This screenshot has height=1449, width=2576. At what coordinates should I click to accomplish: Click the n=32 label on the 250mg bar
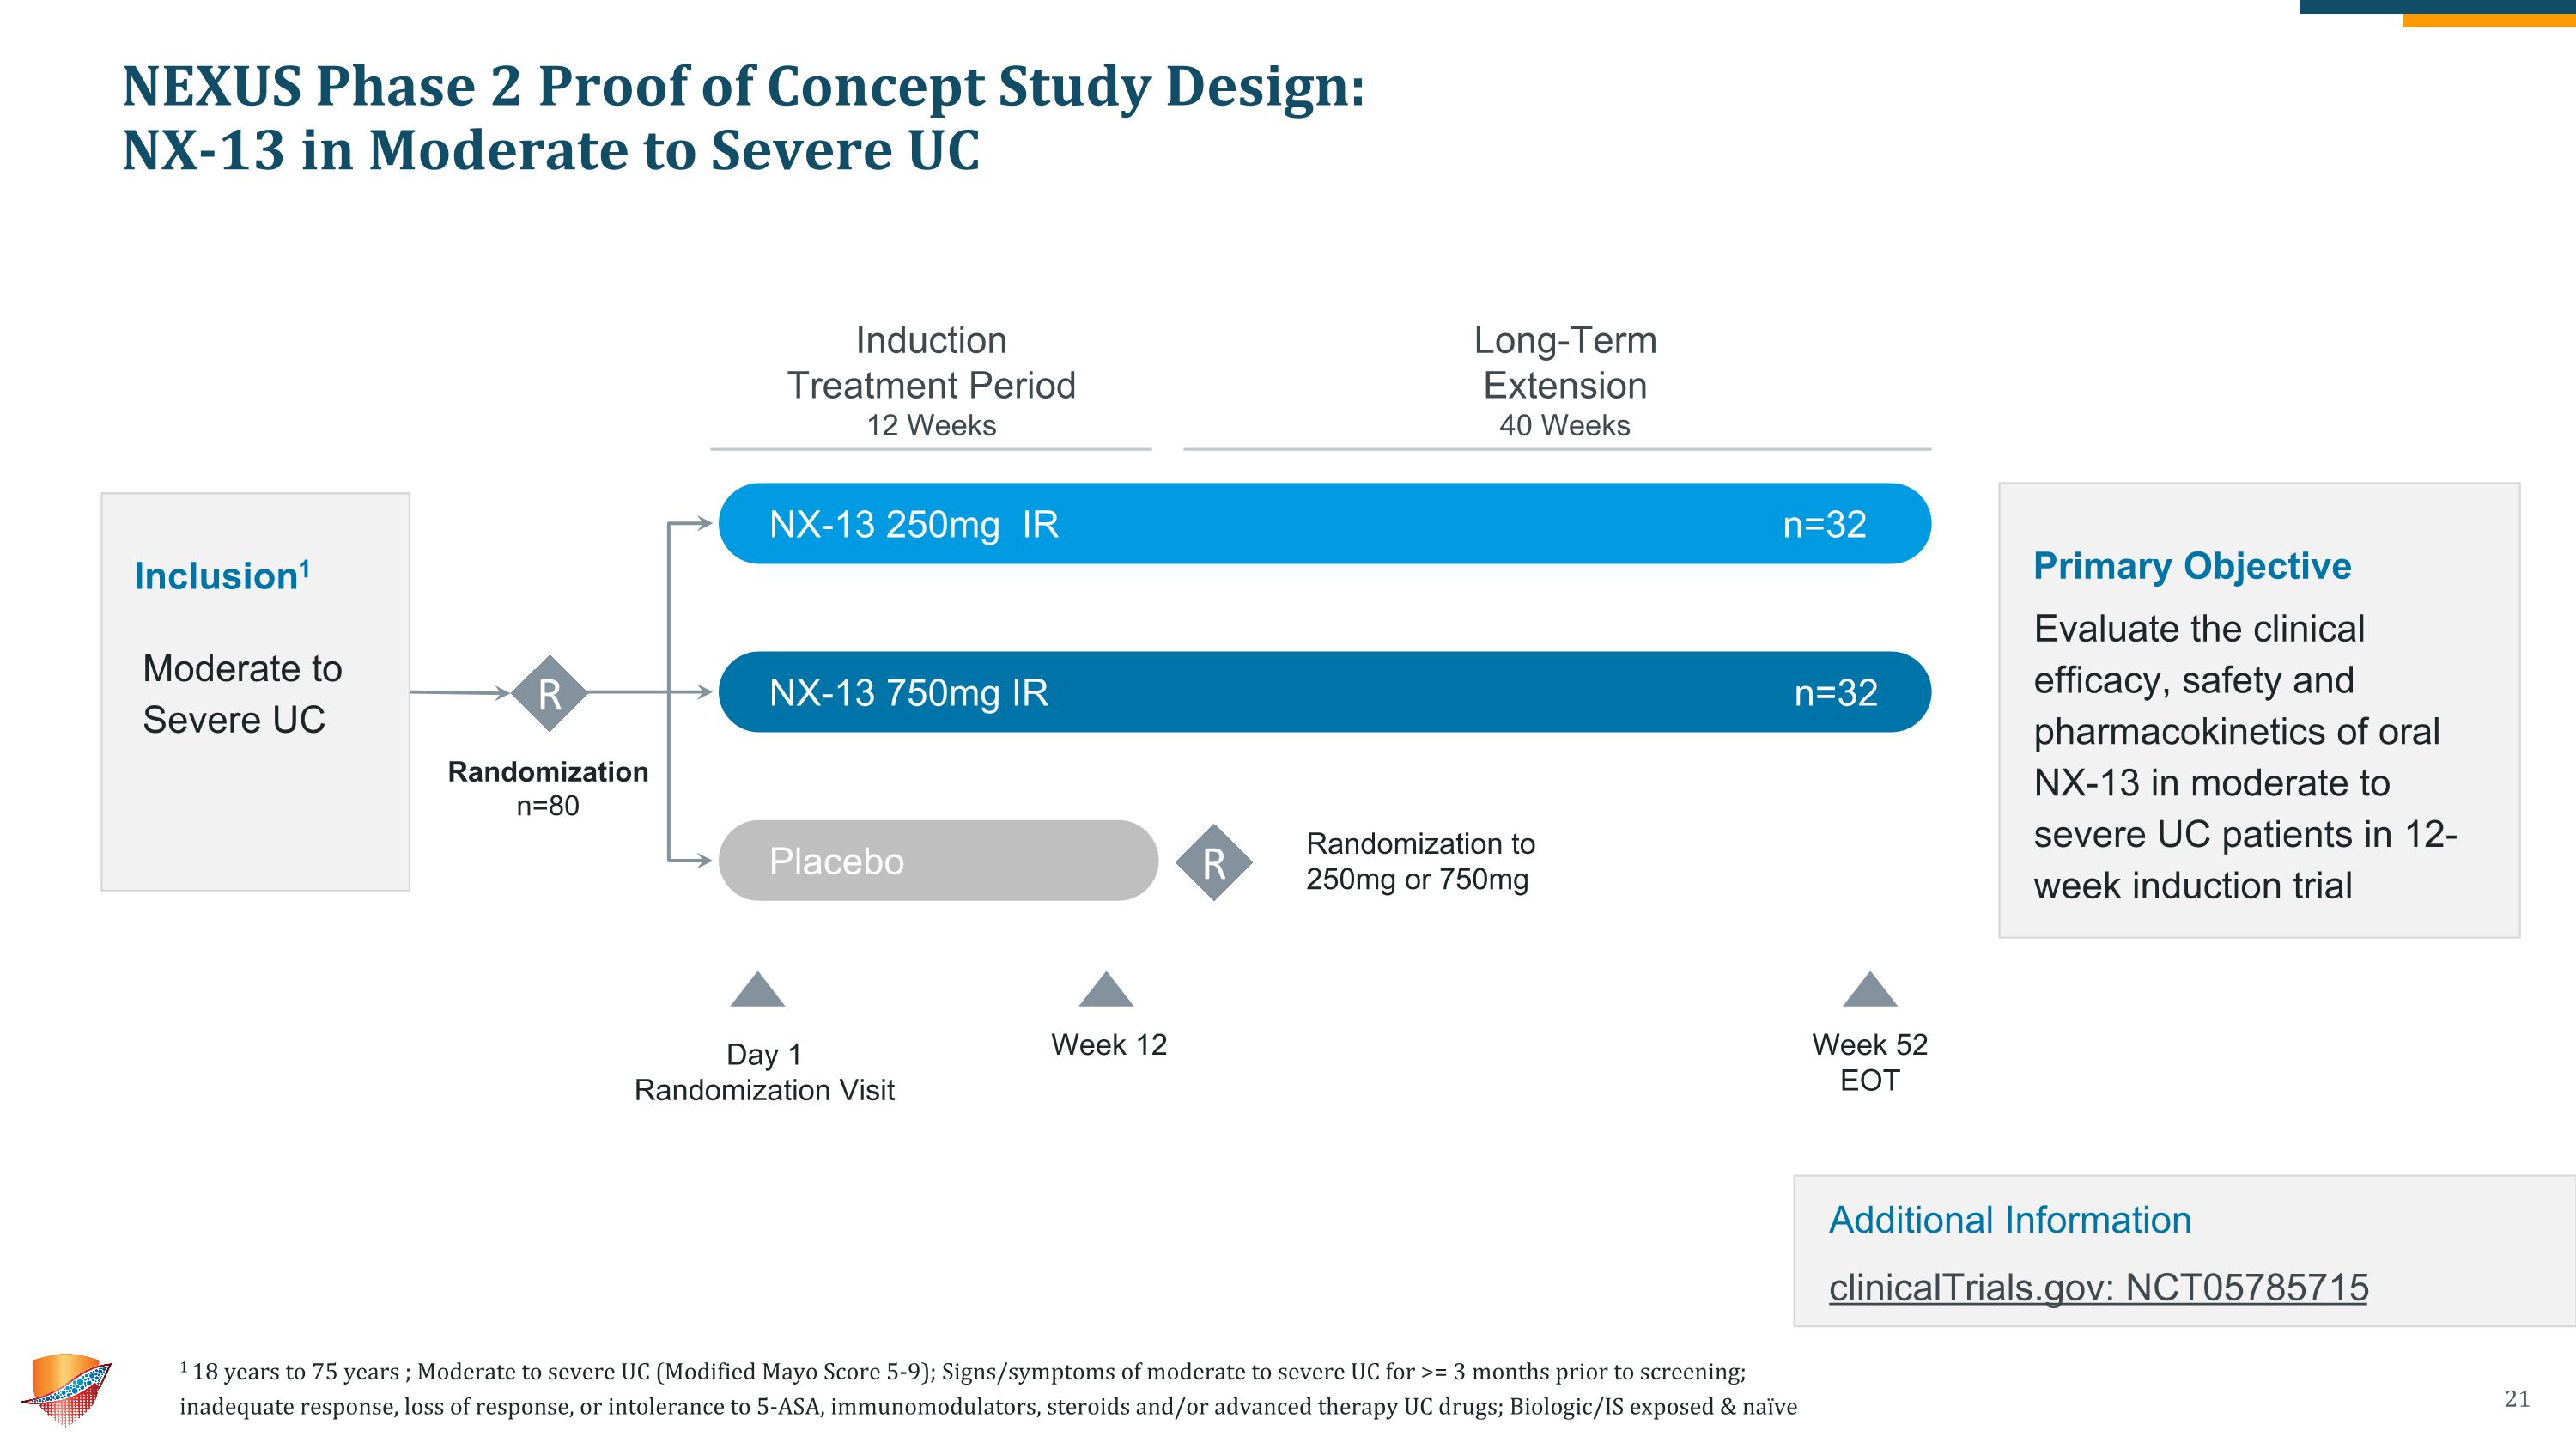(1824, 524)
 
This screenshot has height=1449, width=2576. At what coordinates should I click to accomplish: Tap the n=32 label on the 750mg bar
(1836, 692)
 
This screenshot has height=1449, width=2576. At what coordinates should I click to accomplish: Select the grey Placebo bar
(938, 860)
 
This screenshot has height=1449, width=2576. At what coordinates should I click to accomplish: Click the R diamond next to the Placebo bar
(1214, 862)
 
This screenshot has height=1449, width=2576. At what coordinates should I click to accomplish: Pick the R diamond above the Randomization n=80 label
(549, 693)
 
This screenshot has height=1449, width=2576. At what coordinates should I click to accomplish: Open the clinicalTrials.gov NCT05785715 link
(2099, 1287)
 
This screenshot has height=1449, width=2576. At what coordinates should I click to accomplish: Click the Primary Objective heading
(2192, 566)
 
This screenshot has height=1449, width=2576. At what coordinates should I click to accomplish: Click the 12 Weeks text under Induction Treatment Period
(931, 425)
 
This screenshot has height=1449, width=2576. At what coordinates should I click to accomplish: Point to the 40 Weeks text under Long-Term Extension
(1564, 425)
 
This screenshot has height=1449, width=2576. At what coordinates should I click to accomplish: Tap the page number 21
(2517, 1399)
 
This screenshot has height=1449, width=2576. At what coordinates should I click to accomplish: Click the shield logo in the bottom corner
(66, 1389)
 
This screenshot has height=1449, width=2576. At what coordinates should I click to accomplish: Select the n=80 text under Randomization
(548, 805)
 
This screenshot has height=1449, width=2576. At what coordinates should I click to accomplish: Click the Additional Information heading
(2010, 1220)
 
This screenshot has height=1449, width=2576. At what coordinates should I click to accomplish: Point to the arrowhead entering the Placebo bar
(705, 860)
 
